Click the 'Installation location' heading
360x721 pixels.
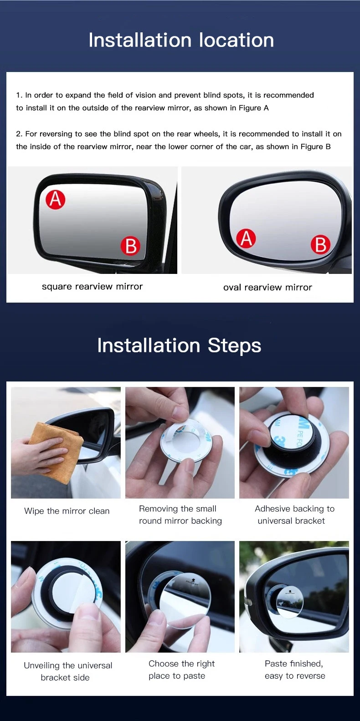point(181,40)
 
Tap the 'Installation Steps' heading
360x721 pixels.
point(179,346)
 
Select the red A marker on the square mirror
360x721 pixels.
point(55,199)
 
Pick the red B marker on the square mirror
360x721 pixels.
point(130,246)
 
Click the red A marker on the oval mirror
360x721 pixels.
point(246,238)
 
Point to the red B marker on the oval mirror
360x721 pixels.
point(320,244)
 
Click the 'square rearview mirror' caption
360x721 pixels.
point(93,287)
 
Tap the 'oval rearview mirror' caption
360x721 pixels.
point(267,287)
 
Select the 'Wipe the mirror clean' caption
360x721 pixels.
point(67,511)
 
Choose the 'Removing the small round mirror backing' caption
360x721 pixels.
point(180,515)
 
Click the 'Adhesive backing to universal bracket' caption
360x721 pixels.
point(294,515)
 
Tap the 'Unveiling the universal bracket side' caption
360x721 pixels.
point(68,671)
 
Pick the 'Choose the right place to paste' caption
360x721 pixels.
point(181,669)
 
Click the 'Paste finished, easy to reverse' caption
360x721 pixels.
point(295,669)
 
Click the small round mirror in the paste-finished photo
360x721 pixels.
point(289,601)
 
